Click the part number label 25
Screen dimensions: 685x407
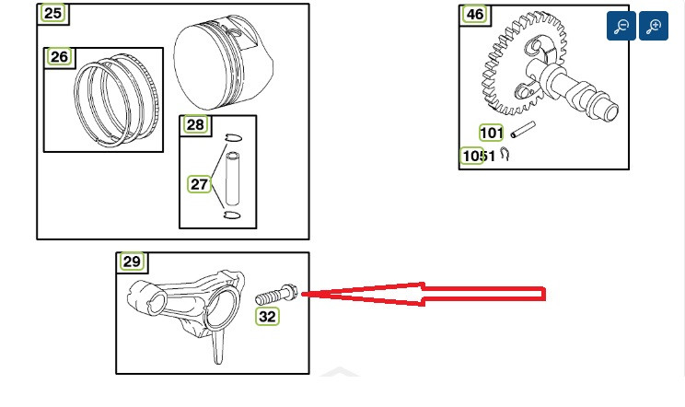[x=52, y=13]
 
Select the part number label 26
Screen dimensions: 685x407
[x=59, y=57]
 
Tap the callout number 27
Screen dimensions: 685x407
[x=199, y=184]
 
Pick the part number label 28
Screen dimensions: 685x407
[x=195, y=125]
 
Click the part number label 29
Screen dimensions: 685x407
[x=132, y=262]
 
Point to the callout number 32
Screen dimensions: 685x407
[x=267, y=316]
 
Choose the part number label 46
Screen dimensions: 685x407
[x=475, y=15]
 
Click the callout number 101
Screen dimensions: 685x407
[x=491, y=133]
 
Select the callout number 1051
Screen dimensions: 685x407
[x=479, y=156]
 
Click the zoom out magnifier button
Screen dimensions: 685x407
[x=621, y=26]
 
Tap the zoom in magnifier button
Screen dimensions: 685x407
[x=654, y=26]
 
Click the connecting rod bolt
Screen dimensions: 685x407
[x=276, y=295]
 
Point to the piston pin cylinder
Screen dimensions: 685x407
[x=232, y=178]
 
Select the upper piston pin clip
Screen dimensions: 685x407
[x=233, y=138]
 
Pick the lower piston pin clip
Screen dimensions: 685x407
[x=232, y=215]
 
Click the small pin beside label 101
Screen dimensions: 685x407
[x=523, y=130]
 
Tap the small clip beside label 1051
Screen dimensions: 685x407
[x=505, y=154]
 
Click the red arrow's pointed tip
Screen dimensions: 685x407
[x=302, y=295]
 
